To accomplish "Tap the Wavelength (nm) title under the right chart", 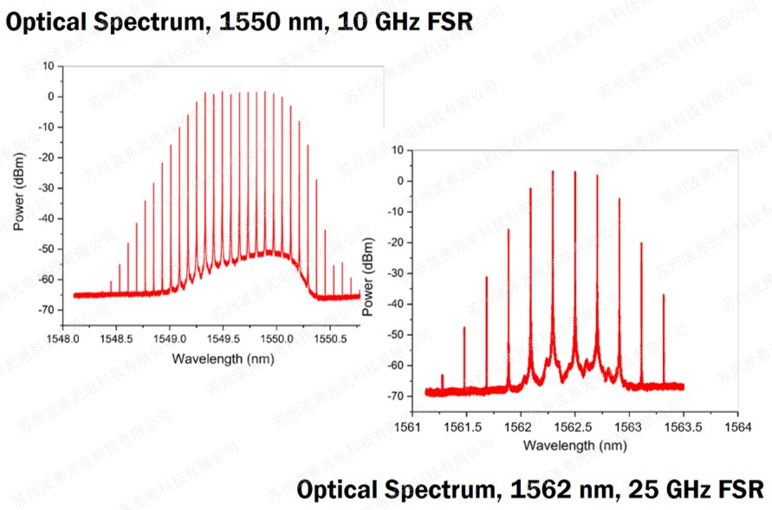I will tap(574, 445).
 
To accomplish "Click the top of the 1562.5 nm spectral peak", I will tap(574, 171).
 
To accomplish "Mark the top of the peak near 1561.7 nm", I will tap(486, 277).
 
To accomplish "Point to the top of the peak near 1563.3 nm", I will tap(664, 295).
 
